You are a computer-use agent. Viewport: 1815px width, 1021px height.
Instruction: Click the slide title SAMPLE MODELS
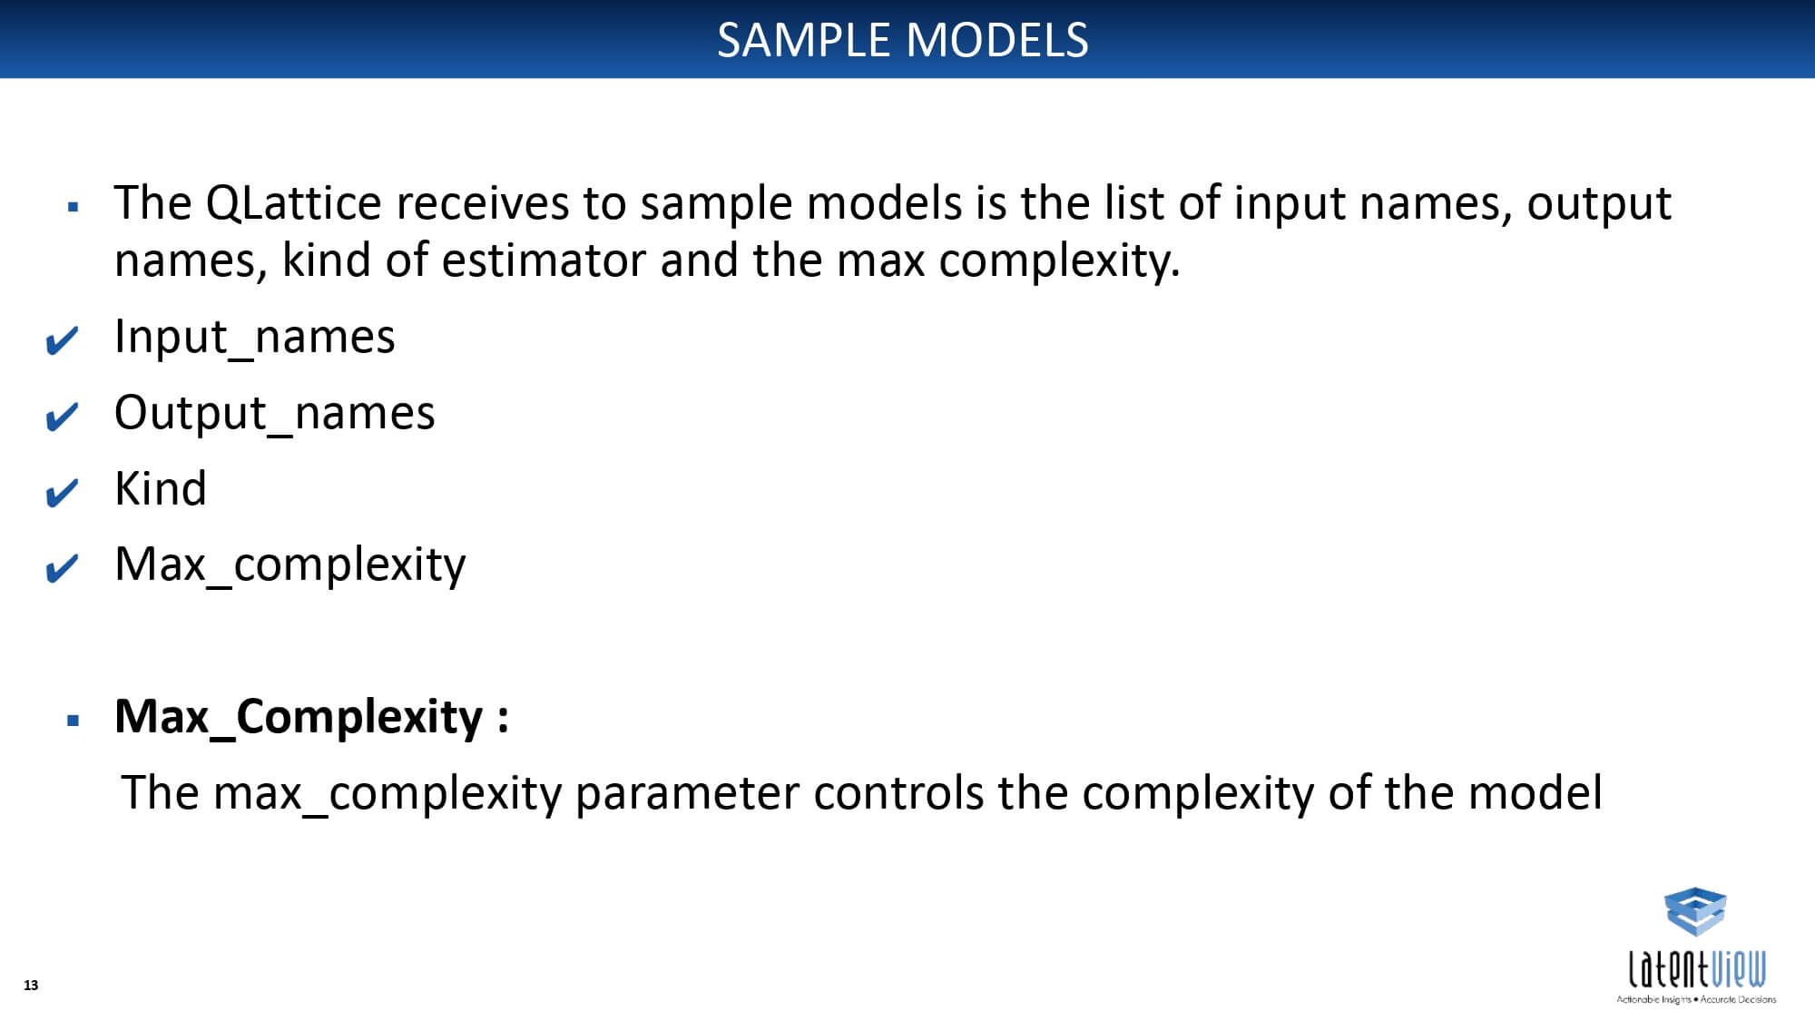pos(903,40)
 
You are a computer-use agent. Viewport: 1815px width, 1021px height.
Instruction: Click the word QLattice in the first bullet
pos(293,202)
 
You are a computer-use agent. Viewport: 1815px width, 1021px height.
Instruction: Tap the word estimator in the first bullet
pos(544,260)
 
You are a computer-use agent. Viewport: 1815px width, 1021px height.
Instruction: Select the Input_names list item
pos(255,338)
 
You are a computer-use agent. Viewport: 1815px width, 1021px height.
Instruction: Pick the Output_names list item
pos(275,414)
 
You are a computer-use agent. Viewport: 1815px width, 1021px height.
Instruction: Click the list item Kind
pos(161,488)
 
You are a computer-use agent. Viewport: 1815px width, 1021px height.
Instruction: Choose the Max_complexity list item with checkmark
pos(290,565)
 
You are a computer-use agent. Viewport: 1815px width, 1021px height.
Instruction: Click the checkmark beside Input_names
pos(62,341)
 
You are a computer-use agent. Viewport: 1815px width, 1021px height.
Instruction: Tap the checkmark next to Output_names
pos(62,417)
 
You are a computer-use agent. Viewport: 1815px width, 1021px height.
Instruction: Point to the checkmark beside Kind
pos(62,494)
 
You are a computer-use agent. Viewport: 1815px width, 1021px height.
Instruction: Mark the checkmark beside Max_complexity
pos(62,569)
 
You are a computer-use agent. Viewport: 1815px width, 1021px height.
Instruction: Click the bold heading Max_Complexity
pos(311,718)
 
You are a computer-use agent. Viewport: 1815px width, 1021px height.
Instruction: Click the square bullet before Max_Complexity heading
pos(74,722)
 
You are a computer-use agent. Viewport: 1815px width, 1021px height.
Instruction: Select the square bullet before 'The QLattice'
pos(74,207)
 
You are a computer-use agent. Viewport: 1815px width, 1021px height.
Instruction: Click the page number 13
pos(31,986)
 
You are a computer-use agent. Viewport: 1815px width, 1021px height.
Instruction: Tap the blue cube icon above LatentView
pos(1695,911)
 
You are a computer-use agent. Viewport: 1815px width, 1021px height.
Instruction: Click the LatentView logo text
pos(1697,968)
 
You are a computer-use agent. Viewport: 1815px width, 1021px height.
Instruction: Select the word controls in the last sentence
pos(898,792)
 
